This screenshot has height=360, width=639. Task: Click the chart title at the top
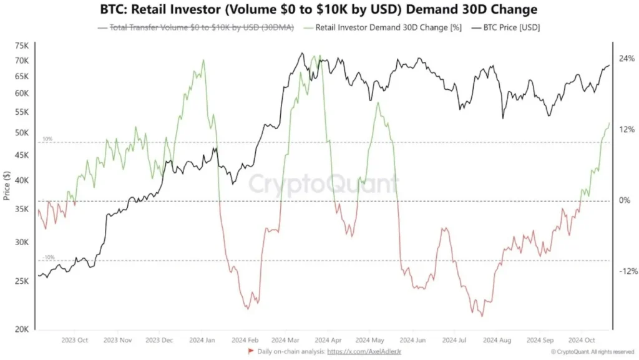(319, 10)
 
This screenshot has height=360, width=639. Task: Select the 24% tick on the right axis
(627, 58)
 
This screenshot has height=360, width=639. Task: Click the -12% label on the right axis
(626, 271)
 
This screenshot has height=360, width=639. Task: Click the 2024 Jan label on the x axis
(203, 341)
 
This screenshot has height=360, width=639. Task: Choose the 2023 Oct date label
(74, 341)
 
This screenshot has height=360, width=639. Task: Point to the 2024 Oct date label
(581, 341)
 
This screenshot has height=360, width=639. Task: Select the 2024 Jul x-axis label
(454, 341)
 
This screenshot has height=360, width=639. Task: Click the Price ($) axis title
(7, 186)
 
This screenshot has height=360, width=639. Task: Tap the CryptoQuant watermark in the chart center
(323, 184)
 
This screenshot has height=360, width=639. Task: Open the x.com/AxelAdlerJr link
(363, 353)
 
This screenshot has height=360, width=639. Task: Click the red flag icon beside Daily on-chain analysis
(251, 353)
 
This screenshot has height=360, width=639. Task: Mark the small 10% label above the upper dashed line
(48, 139)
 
